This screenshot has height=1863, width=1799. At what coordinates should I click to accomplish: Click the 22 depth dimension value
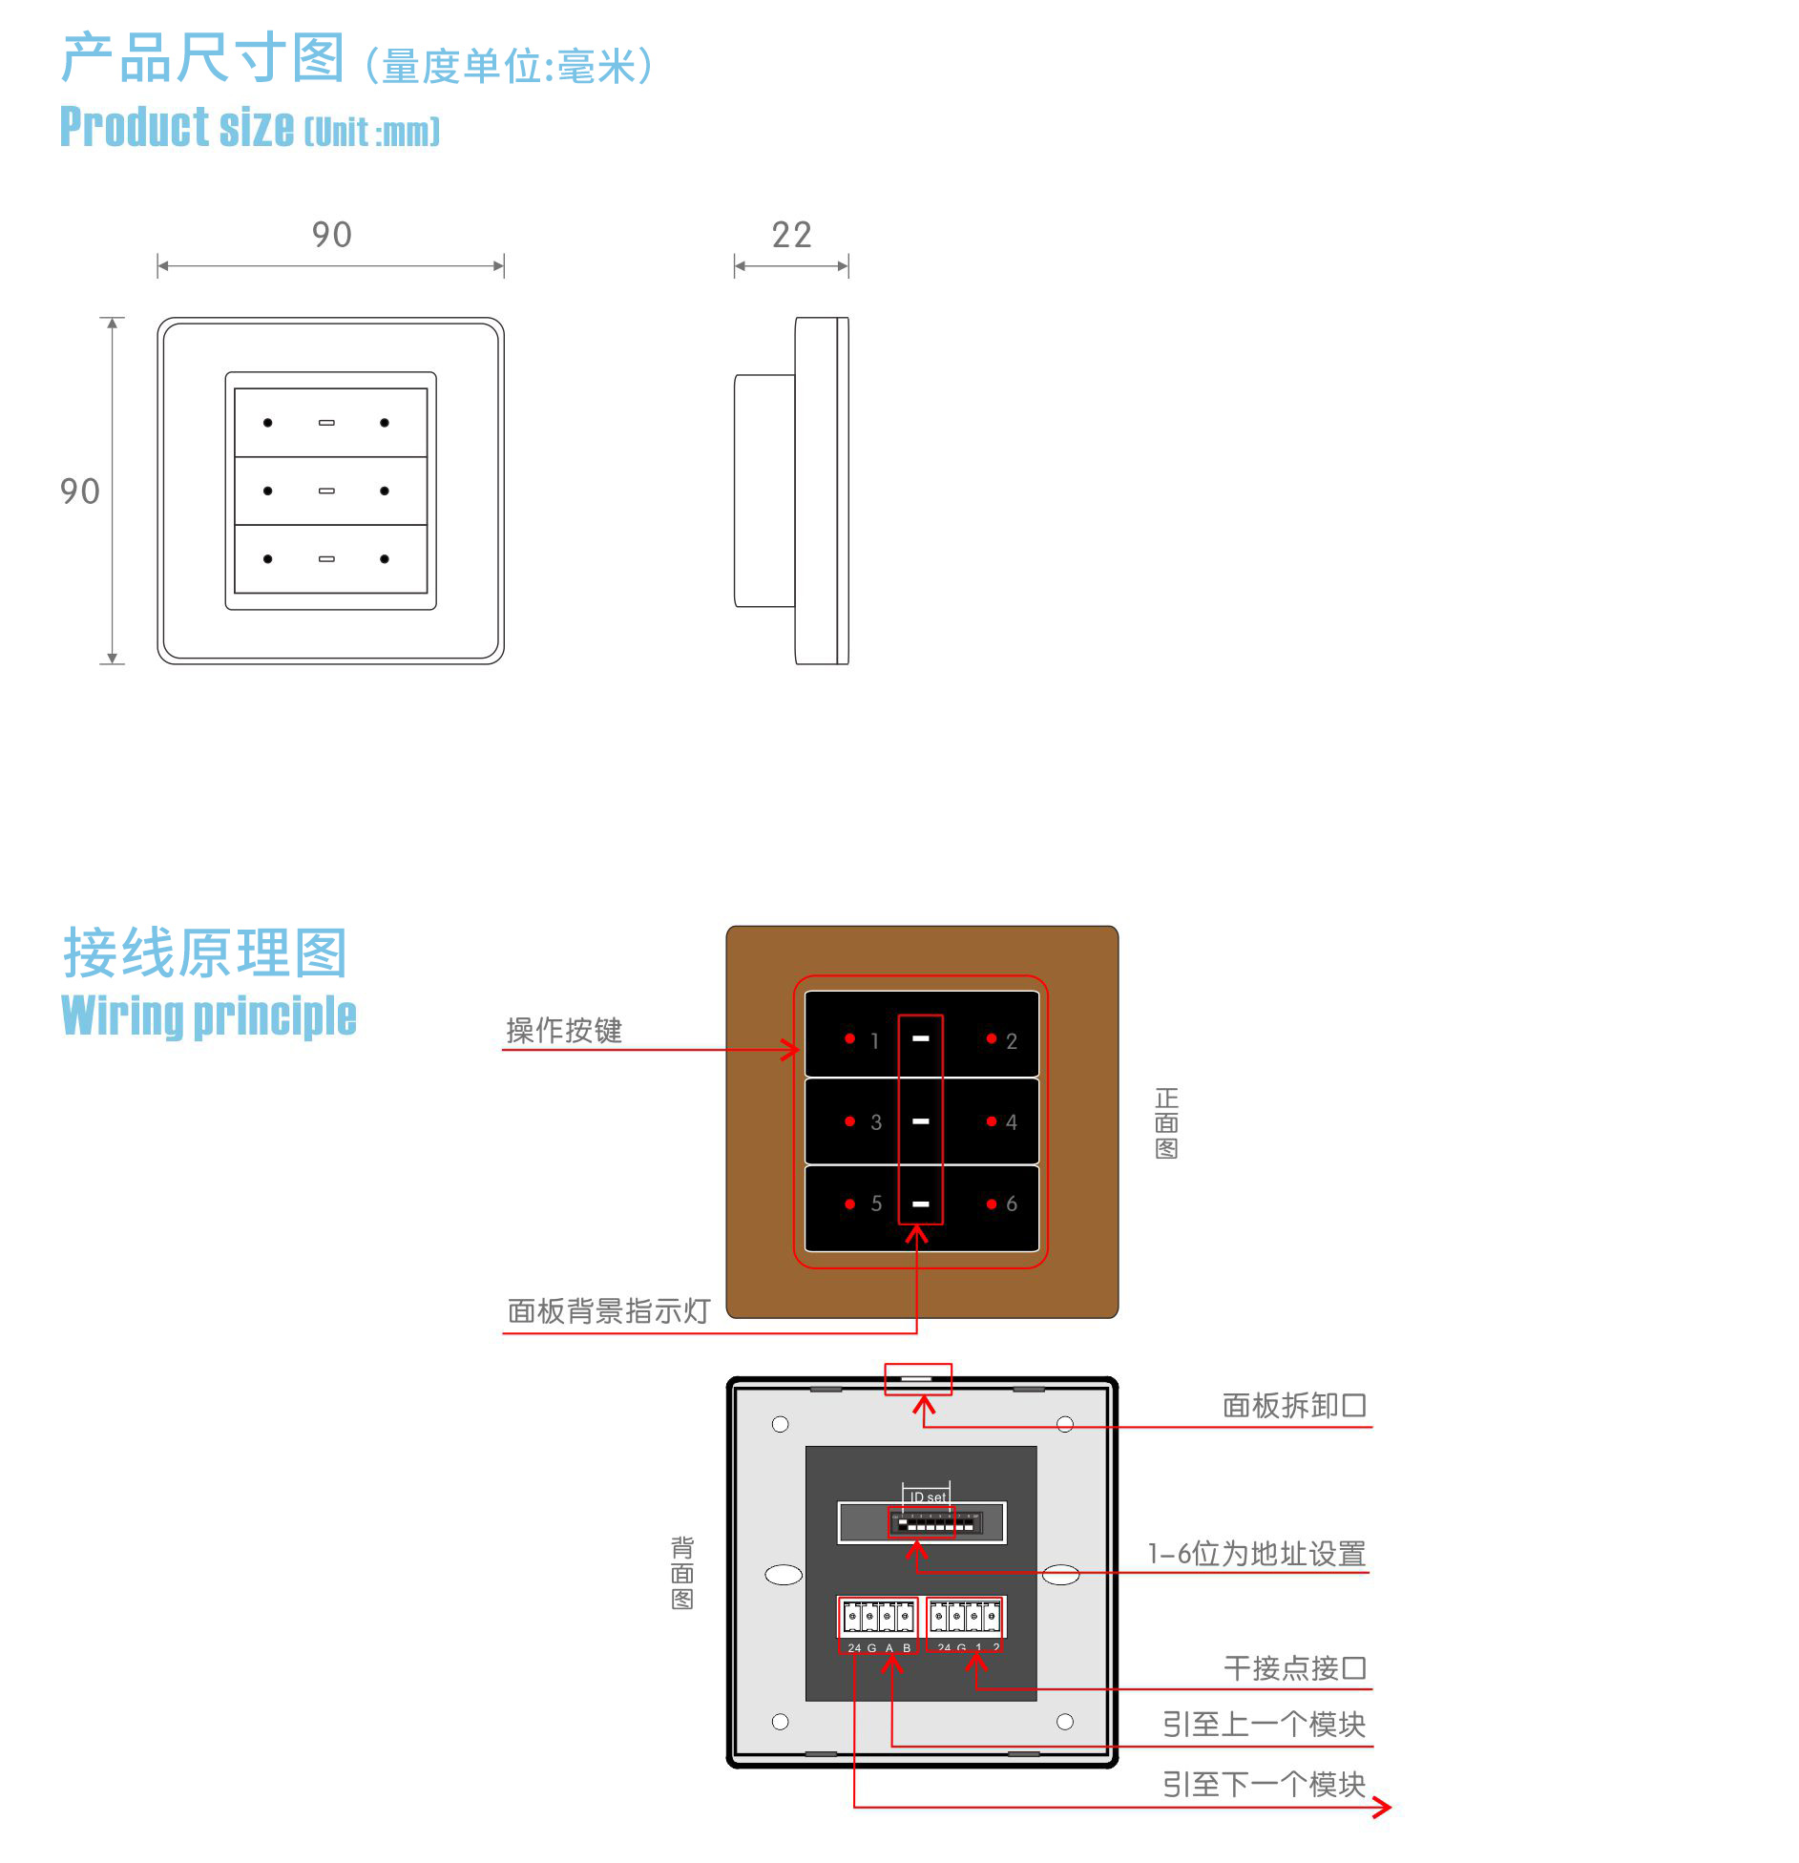pos(791,235)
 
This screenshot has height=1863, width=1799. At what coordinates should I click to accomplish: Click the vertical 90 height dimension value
pos(79,492)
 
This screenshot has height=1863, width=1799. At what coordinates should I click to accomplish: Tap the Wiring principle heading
pos(209,1015)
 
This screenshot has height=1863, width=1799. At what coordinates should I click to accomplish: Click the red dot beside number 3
pos(849,1121)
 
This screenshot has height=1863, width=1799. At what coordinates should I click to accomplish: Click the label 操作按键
pos(564,1031)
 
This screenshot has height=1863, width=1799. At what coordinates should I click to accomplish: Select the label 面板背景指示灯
pos(608,1311)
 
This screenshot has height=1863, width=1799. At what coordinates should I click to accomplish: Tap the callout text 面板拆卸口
pos(1294,1406)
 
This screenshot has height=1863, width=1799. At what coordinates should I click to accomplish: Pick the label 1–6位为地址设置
pos(1256,1554)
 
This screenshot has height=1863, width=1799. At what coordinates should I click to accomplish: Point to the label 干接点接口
pos(1295,1668)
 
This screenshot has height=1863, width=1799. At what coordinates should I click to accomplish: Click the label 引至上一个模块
pos(1264,1725)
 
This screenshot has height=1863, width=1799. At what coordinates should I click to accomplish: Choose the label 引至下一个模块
pos(1264,1784)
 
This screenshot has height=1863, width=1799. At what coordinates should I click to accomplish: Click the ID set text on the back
pos(927,1497)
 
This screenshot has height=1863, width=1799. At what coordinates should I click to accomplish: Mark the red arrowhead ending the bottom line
pos(1384,1807)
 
